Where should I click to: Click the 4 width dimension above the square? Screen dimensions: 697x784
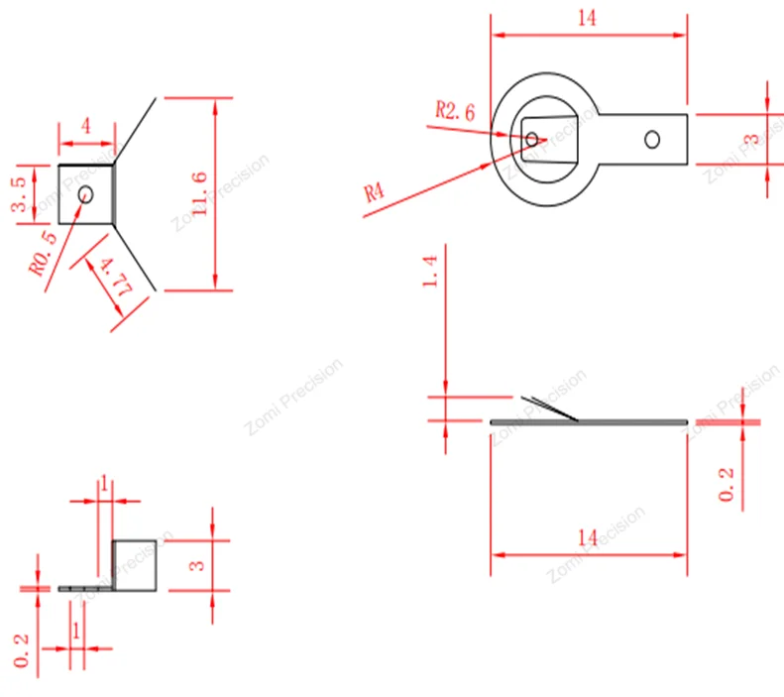(86, 127)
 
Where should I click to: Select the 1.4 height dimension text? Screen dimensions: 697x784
(429, 270)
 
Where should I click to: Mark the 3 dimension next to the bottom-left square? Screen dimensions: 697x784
(196, 565)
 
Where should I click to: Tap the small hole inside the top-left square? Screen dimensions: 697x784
(85, 194)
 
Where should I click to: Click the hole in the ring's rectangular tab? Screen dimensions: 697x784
(652, 139)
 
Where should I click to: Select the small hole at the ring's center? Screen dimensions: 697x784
(532, 140)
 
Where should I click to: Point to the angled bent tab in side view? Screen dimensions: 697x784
(550, 407)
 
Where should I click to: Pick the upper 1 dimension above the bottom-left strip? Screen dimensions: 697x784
(104, 483)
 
